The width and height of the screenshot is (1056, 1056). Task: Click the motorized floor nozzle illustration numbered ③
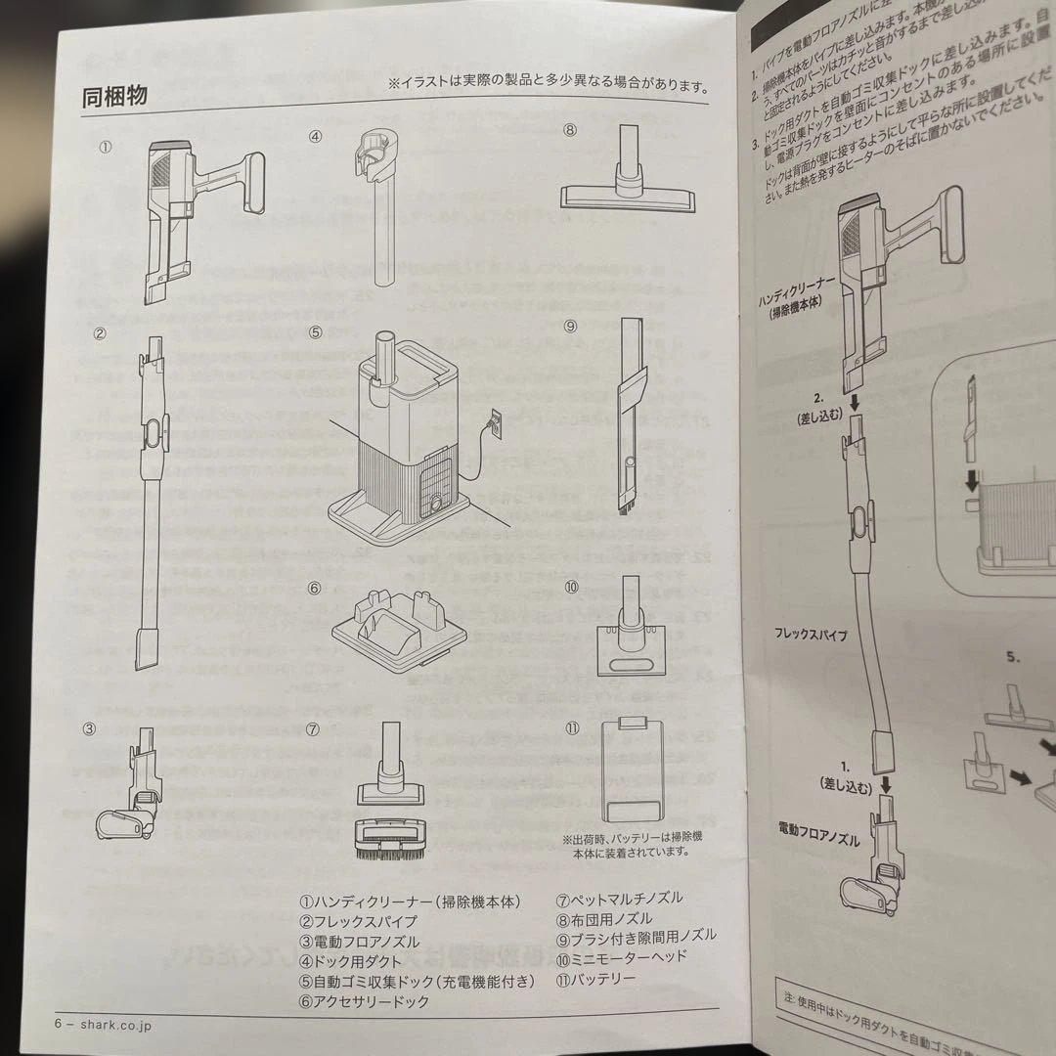132,792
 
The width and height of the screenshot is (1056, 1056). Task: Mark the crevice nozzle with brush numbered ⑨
629,416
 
